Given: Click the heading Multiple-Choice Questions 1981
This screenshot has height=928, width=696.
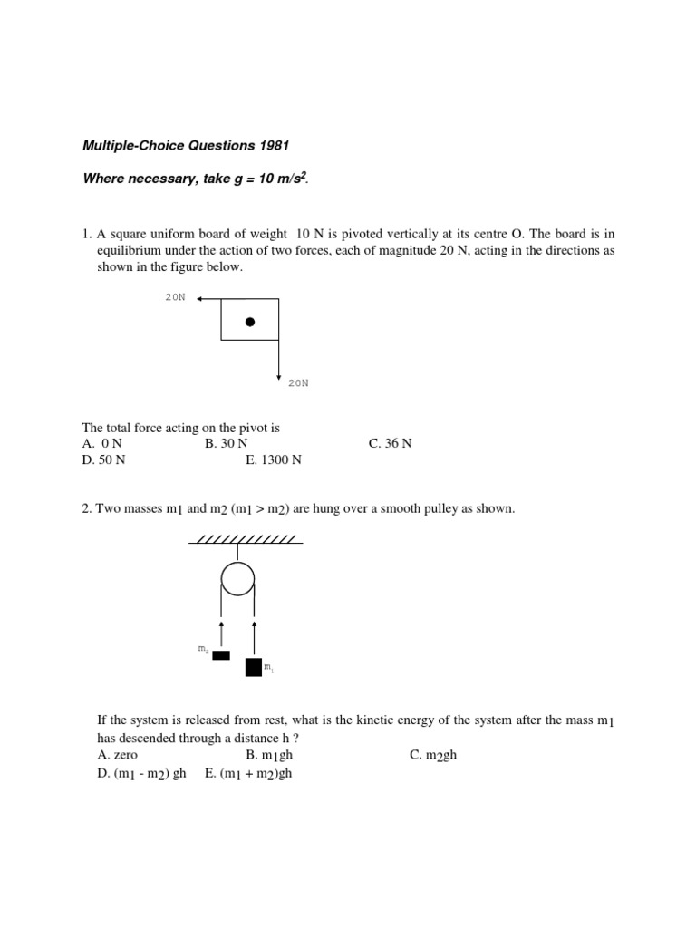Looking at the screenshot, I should pyautogui.click(x=188, y=145).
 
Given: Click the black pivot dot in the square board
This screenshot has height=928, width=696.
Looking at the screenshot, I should pyautogui.click(x=250, y=322).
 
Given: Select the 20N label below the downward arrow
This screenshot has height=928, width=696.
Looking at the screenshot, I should pyautogui.click(x=298, y=383).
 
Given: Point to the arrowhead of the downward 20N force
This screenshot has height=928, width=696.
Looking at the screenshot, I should pyautogui.click(x=278, y=374).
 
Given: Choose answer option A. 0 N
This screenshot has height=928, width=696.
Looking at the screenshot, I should pyautogui.click(x=101, y=443).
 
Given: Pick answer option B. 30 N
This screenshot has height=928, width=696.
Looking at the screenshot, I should pyautogui.click(x=226, y=443).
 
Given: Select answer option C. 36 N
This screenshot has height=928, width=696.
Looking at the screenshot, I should pyautogui.click(x=390, y=443).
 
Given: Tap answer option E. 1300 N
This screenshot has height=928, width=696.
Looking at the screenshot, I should pyautogui.click(x=274, y=459).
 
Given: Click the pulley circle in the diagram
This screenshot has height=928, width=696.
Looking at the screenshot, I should pyautogui.click(x=237, y=578).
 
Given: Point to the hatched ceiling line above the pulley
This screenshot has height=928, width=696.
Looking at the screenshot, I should pyautogui.click(x=246, y=540).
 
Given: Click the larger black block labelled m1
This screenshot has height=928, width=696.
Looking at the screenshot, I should pyautogui.click(x=254, y=667).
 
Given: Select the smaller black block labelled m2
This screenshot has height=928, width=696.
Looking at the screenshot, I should pyautogui.click(x=221, y=655).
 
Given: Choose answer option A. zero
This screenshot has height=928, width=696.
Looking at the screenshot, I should pyautogui.click(x=117, y=755).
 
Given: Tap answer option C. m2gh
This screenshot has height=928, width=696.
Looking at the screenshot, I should pyautogui.click(x=433, y=755).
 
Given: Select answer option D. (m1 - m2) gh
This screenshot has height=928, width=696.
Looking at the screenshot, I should pyautogui.click(x=141, y=773).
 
